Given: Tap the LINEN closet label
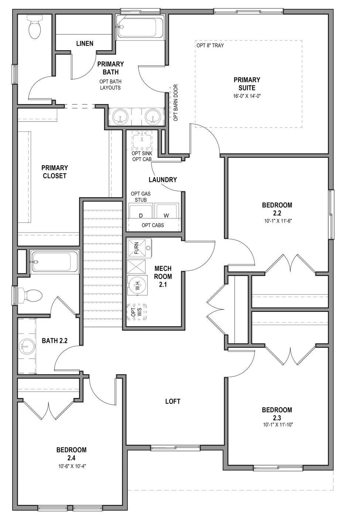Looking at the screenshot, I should [85, 44].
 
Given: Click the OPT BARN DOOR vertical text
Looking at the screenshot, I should [176, 103].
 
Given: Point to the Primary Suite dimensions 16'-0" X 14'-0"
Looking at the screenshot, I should [247, 96].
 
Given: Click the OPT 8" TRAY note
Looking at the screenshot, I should [210, 46].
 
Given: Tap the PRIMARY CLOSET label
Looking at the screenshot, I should [55, 172].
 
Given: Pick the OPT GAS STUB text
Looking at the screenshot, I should [141, 197].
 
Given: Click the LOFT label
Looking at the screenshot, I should [172, 401].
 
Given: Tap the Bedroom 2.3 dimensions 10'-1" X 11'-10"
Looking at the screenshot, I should [277, 424].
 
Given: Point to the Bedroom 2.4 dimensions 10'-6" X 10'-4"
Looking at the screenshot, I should [71, 466].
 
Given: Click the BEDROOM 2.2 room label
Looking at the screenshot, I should [277, 209].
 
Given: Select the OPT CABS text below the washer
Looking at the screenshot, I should [153, 225].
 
